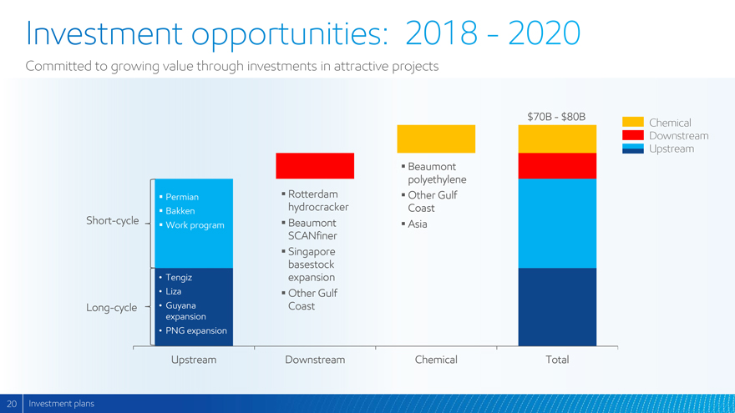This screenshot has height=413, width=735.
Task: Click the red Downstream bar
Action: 315,166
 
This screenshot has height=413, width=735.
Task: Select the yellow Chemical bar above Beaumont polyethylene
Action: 436,139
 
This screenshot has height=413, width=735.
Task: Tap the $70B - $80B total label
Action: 556,117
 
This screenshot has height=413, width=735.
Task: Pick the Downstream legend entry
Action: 677,136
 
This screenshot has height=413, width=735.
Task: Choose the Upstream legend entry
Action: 671,149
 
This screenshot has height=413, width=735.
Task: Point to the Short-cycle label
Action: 113,221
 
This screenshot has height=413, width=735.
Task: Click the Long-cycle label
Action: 111,308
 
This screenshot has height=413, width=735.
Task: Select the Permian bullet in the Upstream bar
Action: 181,197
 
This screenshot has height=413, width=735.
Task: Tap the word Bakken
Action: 180,211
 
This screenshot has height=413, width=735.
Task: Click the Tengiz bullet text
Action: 179,277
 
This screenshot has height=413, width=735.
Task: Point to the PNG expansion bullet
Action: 195,330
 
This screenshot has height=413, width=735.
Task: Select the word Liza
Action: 173,291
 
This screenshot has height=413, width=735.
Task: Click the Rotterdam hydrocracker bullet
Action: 317,200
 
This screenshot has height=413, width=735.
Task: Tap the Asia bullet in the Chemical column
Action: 417,224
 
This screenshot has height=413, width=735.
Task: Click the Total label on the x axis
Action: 557,360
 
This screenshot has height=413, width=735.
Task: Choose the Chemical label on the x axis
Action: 436,360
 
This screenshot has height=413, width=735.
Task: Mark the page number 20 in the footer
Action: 12,404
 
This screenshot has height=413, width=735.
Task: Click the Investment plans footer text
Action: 61,404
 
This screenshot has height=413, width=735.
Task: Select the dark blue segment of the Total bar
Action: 557,306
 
